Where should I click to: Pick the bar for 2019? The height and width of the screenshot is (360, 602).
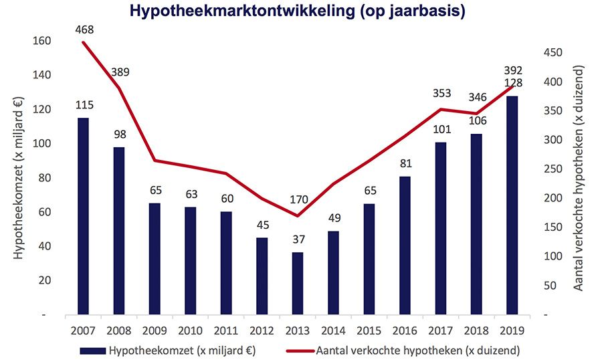pos(512,205)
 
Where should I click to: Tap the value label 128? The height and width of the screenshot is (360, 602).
pos(513,83)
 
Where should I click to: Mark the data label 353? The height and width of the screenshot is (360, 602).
pos(441,93)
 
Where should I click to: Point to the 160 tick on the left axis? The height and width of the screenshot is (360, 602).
pos(41,41)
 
